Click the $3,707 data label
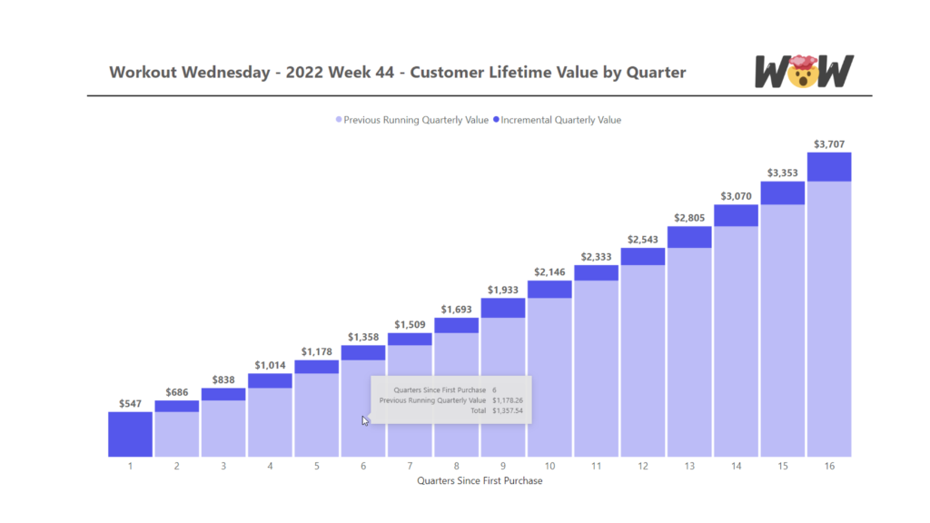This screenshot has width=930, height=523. [828, 143]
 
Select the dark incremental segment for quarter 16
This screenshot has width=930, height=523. [828, 167]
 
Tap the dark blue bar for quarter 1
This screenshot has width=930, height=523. [130, 434]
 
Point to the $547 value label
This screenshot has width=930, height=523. [130, 403]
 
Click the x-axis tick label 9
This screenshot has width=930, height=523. [502, 466]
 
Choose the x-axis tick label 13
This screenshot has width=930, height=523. [689, 466]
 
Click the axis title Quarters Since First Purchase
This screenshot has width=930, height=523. [480, 480]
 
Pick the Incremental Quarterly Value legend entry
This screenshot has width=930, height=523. [560, 120]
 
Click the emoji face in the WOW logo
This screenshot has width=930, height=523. [801, 73]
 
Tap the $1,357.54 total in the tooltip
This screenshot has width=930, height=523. [508, 410]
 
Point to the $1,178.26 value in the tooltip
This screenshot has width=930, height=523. [508, 400]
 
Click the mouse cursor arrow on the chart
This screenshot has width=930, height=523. [365, 419]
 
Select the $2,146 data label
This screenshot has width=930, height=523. [549, 271]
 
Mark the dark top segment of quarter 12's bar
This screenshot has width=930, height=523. [643, 256]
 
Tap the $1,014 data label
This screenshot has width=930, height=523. [270, 365]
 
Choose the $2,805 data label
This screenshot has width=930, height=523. [689, 218]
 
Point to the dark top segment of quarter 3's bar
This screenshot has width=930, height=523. [223, 394]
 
